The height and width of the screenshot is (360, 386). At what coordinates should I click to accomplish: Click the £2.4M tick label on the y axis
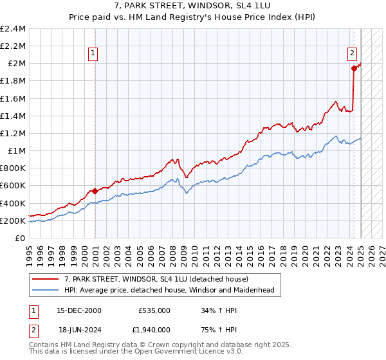click(14, 29)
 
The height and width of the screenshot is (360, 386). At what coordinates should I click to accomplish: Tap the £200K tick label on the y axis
click(14, 221)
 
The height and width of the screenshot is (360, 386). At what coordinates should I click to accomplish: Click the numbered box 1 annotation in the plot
click(94, 53)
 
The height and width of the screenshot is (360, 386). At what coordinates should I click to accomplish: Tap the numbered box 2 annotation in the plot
click(353, 53)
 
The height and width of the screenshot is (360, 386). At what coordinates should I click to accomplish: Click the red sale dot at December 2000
click(95, 191)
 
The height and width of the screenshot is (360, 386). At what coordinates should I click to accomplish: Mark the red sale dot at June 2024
click(354, 68)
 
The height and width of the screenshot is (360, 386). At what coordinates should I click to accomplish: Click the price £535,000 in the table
click(154, 310)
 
